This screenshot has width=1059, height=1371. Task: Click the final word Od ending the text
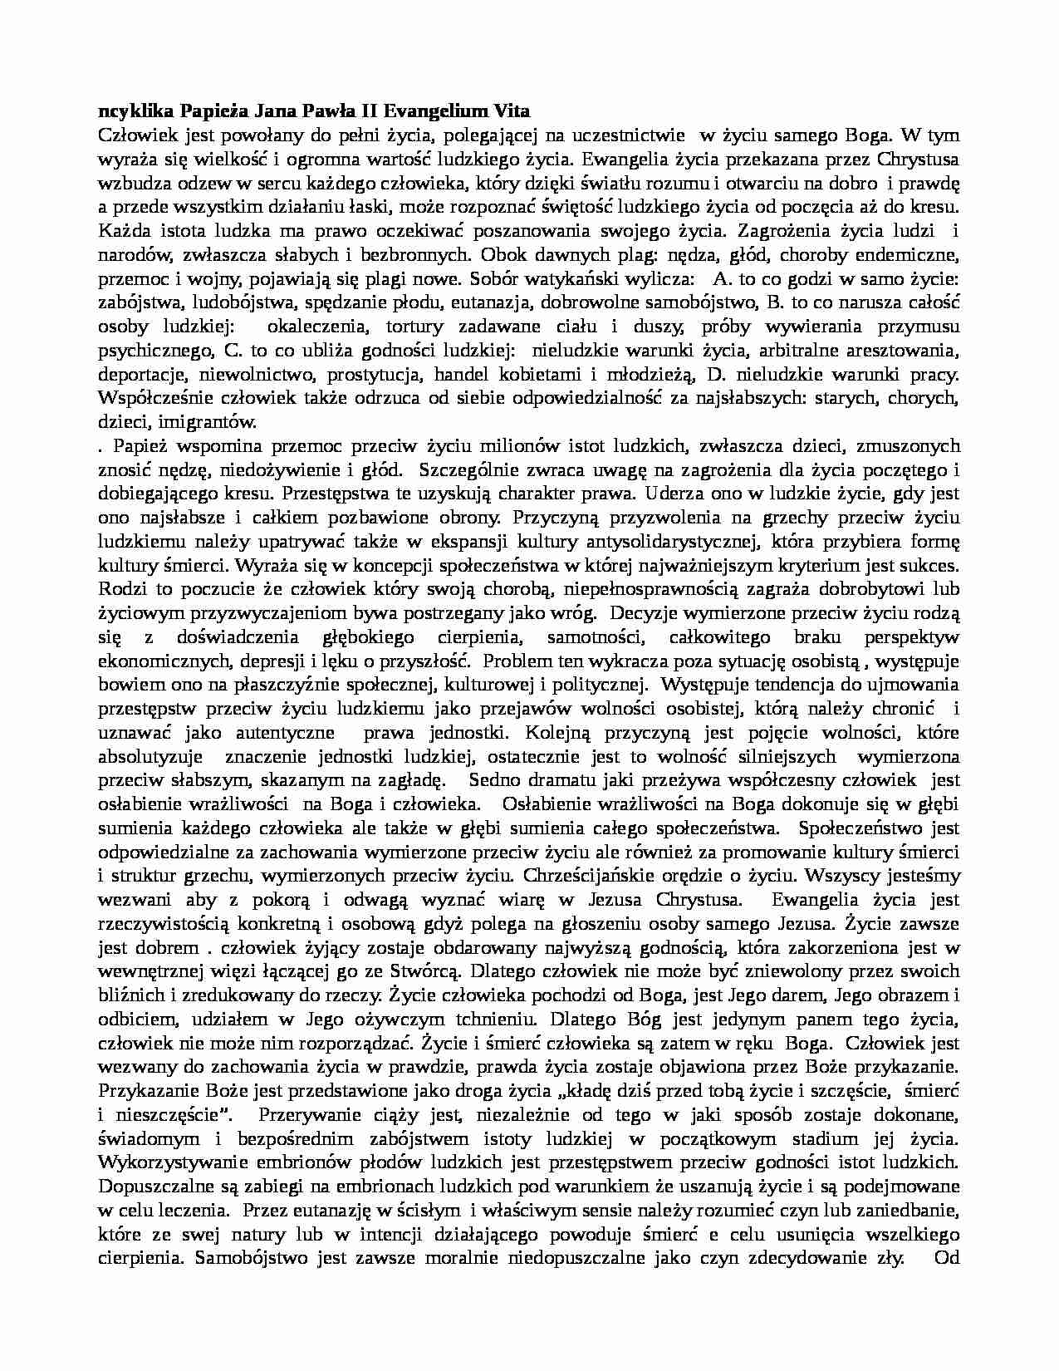(947, 1256)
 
